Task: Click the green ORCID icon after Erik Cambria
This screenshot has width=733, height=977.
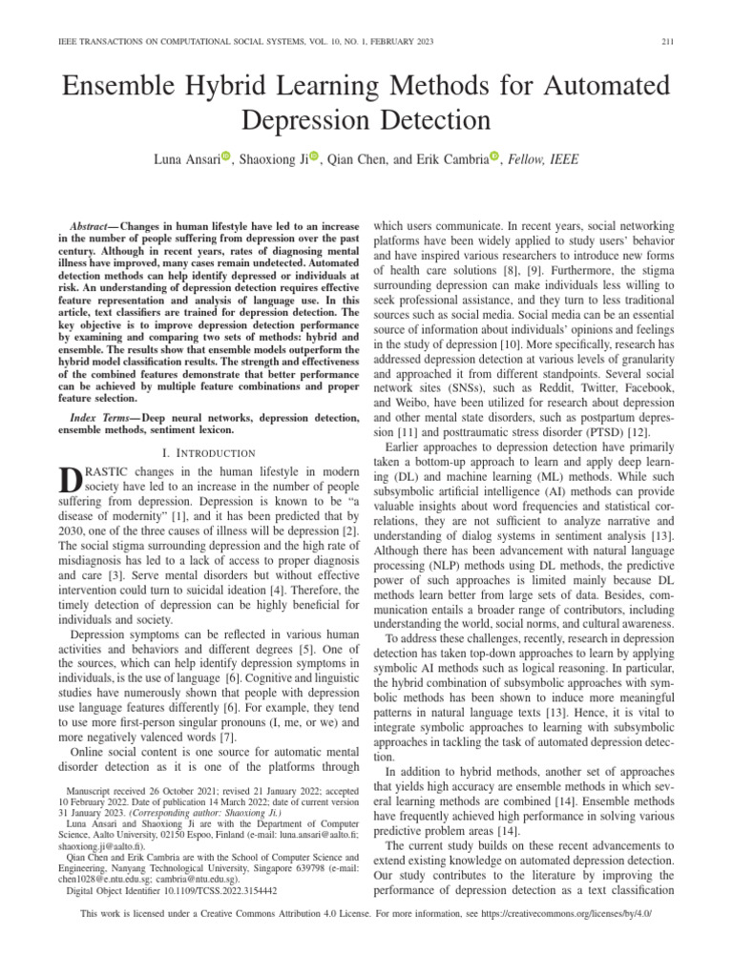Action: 494,157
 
